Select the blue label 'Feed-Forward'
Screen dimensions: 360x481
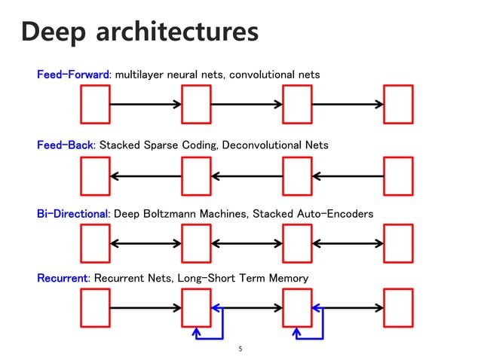(74, 75)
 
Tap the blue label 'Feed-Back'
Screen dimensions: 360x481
(65, 145)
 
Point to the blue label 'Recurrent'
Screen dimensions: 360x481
(63, 279)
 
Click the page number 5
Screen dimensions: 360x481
(240, 349)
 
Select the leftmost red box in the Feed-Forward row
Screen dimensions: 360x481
(95, 104)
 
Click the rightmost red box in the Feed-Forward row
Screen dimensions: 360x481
(398, 104)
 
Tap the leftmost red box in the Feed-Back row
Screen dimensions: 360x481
(95, 175)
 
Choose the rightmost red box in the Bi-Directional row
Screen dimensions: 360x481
(398, 243)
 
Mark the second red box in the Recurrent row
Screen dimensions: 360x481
(196, 308)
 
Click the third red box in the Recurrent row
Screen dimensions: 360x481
(297, 308)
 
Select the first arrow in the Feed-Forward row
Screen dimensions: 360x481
(146, 104)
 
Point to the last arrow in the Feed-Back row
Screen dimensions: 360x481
(348, 176)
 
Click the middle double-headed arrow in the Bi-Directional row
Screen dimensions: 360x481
(247, 243)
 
